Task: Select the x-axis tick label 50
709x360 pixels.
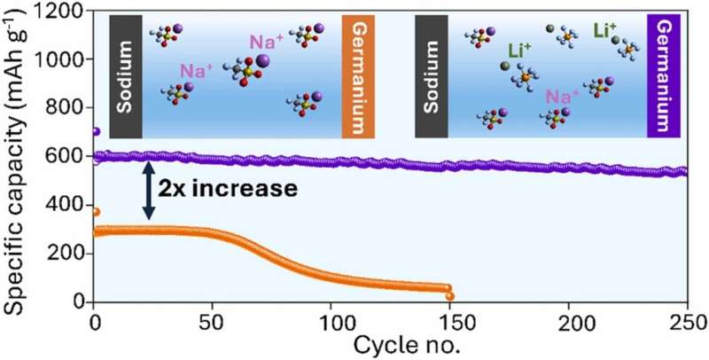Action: pos(214,320)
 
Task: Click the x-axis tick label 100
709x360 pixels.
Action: pos(331,320)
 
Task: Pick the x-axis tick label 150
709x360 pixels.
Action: pos(450,320)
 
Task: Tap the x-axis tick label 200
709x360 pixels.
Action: pos(569,320)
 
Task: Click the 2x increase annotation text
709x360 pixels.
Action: pos(226,188)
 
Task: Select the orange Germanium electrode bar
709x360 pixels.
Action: pos(354,77)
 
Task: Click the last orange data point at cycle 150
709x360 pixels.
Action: pos(450,296)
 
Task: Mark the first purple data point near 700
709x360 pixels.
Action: pos(96,132)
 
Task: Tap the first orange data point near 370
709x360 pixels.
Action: pos(96,212)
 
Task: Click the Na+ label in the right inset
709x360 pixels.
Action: pos(557,95)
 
